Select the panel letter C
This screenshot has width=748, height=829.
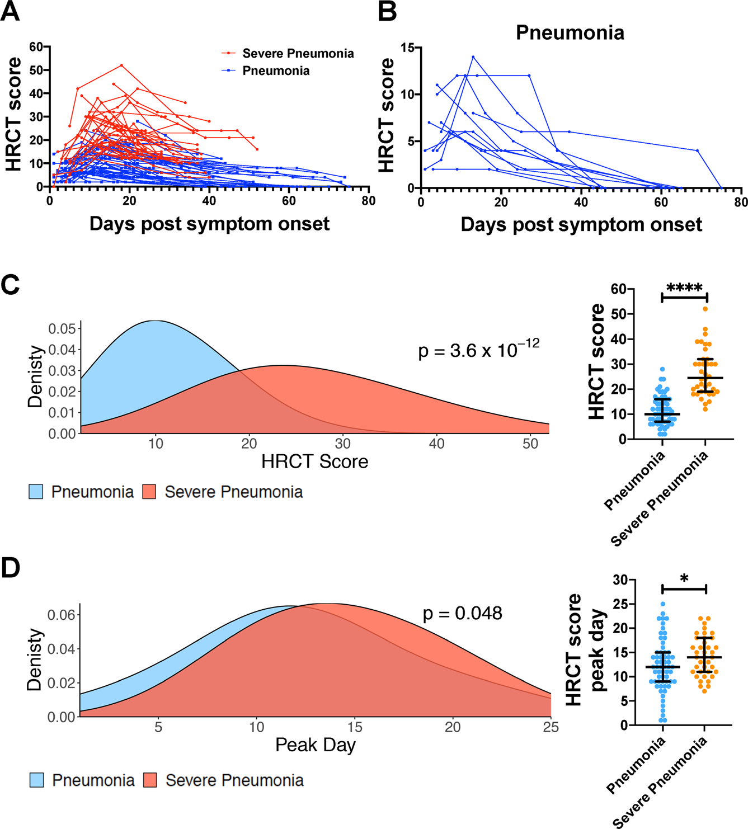[11, 285]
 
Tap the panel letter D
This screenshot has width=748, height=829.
[11, 567]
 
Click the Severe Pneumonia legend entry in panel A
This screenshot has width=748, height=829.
[298, 54]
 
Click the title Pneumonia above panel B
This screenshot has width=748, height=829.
[570, 32]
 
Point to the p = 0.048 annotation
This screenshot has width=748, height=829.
[462, 614]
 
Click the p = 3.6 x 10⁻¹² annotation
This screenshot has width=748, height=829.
[479, 351]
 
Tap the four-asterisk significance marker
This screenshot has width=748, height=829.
[685, 289]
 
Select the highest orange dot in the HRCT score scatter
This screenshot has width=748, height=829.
[705, 309]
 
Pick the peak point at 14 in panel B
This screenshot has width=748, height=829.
[473, 57]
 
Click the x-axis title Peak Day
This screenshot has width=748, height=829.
[316, 745]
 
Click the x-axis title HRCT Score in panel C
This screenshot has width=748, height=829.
[315, 462]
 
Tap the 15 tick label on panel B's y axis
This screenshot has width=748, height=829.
[408, 48]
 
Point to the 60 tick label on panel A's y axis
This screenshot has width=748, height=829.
[36, 47]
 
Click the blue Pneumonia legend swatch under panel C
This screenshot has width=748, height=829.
[36, 492]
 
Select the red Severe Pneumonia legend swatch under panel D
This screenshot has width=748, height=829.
[150, 780]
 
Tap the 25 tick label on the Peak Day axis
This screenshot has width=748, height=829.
[551, 727]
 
